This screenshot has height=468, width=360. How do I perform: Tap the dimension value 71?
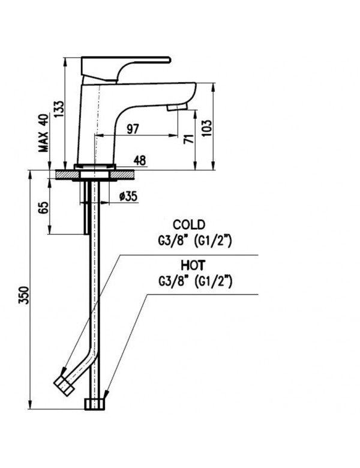(188, 139)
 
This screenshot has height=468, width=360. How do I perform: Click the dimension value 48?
(139, 161)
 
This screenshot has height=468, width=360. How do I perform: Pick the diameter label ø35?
(128, 196)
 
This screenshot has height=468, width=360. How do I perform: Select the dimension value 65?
(43, 209)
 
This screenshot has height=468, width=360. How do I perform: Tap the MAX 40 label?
(43, 134)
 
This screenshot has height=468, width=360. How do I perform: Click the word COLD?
(189, 224)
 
